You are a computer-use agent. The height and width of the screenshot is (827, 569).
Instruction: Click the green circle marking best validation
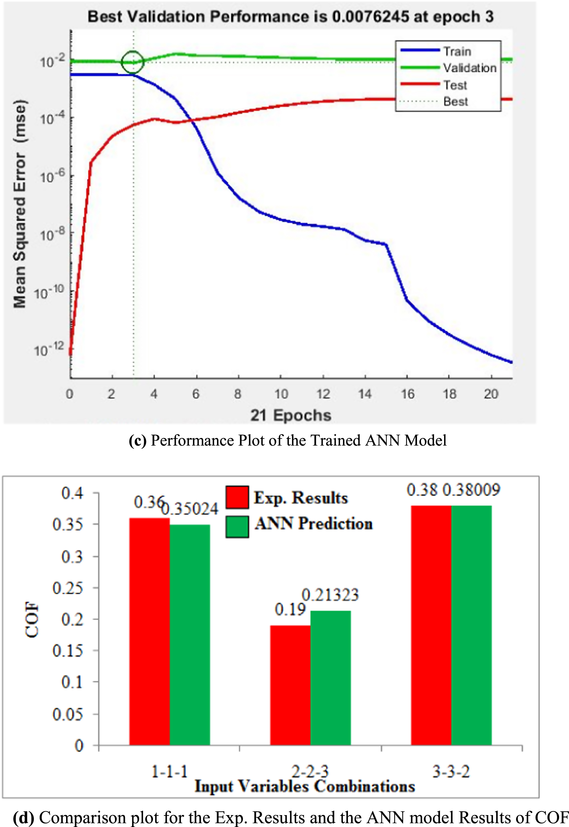coord(132,62)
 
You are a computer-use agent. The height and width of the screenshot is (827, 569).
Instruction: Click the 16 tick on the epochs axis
coord(407,394)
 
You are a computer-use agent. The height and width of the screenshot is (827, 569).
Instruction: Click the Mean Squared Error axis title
coord(19,204)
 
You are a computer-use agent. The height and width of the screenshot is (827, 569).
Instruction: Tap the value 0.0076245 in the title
coord(370,17)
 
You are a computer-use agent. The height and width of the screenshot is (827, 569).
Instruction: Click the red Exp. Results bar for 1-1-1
coord(149,631)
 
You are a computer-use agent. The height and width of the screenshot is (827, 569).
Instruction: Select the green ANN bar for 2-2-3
coord(330,678)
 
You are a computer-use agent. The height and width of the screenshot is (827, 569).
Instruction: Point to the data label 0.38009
coord(471,490)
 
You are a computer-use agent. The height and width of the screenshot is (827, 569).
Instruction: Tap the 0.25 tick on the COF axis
coord(67,588)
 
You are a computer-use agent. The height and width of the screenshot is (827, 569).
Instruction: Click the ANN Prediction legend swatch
coord(237,527)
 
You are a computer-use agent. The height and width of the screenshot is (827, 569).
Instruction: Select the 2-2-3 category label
coord(310,772)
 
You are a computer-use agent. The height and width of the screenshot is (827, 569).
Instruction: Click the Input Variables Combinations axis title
coord(304,786)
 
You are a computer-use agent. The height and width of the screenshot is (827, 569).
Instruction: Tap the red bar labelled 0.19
coord(290,685)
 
